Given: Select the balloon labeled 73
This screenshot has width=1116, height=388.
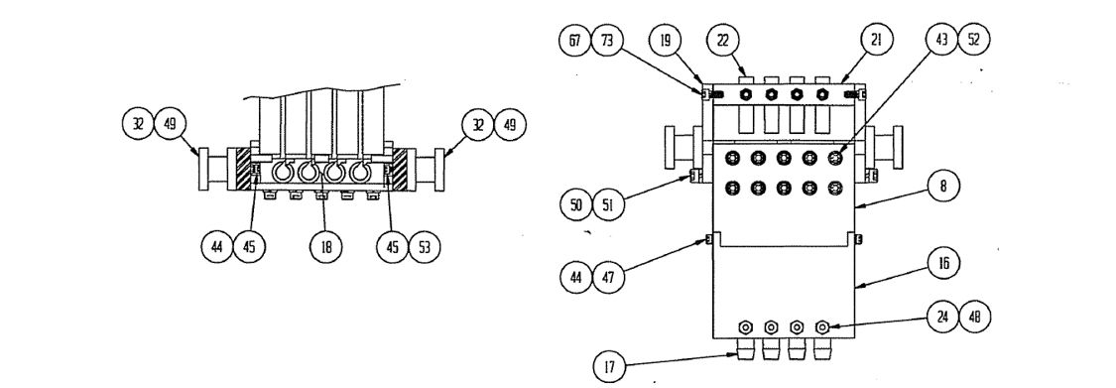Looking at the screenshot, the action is (607, 41).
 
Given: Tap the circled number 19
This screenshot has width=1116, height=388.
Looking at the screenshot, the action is (666, 41).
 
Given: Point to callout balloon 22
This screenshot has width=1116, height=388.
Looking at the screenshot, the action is (723, 41).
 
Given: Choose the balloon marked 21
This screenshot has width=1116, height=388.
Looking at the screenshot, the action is (876, 41).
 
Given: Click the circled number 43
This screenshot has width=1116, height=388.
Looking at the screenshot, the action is (941, 41).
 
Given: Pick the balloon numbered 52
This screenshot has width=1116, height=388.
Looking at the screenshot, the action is (974, 41).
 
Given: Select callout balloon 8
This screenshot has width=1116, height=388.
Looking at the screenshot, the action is (943, 188).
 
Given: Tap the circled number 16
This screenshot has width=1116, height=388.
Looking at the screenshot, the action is (943, 264).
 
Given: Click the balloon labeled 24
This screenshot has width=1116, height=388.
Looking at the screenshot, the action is (943, 318).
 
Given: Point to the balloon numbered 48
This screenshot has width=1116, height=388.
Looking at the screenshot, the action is (975, 318).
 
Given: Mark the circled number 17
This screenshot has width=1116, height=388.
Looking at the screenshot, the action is (609, 367).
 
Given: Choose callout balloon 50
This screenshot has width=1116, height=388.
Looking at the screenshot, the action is (575, 205).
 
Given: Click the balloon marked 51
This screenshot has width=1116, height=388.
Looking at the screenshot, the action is (608, 205).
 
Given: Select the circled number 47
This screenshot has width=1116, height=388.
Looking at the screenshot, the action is (608, 276).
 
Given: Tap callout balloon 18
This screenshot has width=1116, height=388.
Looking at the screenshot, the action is (326, 246).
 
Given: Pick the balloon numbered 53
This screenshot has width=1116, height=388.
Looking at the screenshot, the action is (425, 246).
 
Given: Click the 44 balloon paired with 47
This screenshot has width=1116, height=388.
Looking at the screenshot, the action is (575, 276).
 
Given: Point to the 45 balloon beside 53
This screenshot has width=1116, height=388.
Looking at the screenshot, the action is (392, 246).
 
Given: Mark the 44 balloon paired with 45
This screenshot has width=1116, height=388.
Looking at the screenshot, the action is (217, 246).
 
